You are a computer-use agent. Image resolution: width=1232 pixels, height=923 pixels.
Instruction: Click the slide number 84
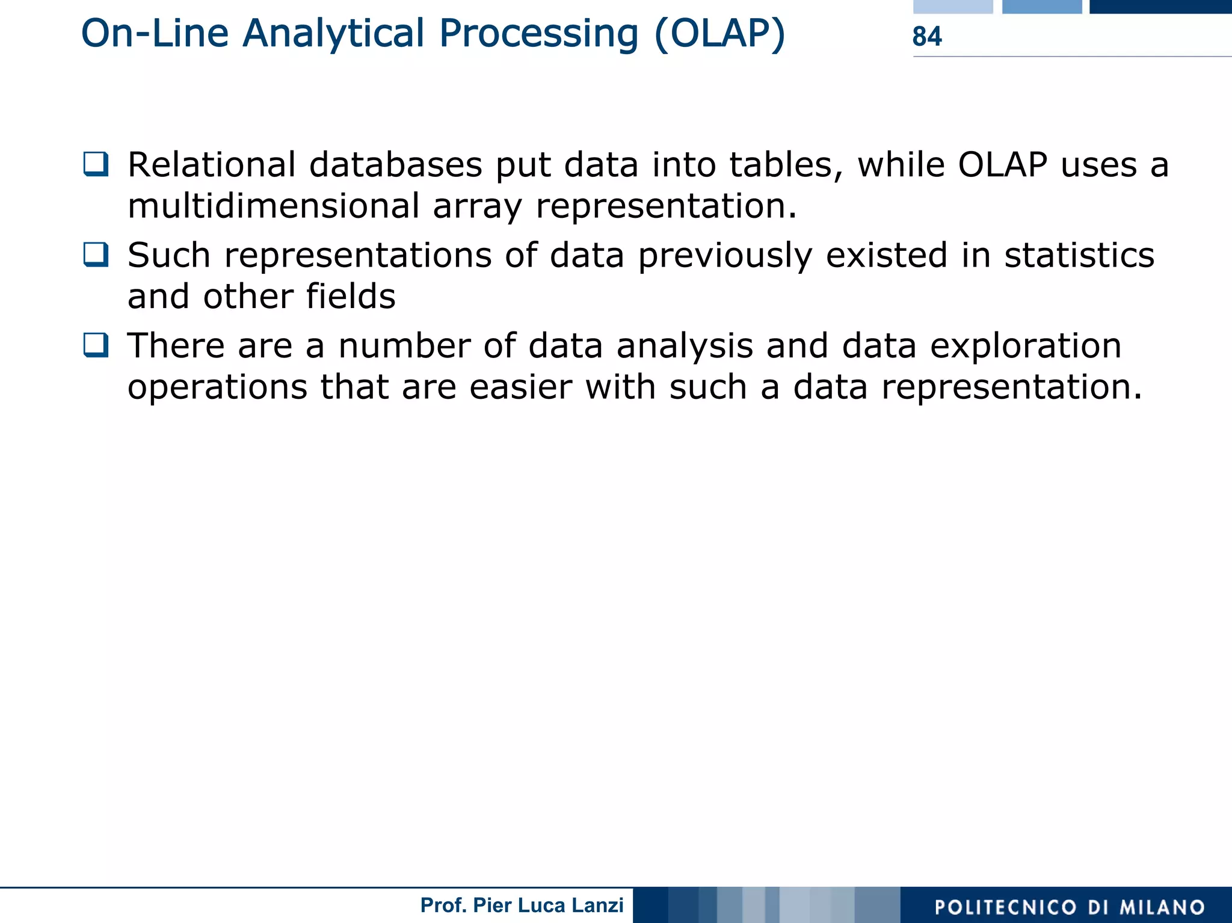pyautogui.click(x=926, y=37)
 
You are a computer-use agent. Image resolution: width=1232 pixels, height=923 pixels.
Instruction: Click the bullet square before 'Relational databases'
pyautogui.click(x=96, y=164)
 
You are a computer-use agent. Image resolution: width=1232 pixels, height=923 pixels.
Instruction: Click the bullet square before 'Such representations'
pyautogui.click(x=96, y=255)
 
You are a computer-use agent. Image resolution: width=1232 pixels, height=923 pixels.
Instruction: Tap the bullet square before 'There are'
pyautogui.click(x=96, y=345)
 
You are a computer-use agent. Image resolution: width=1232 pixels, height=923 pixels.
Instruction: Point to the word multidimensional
pyautogui.click(x=273, y=206)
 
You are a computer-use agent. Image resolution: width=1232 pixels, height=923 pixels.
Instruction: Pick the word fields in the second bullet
pyautogui.click(x=350, y=296)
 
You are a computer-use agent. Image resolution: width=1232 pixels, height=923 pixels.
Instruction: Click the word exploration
pyautogui.click(x=1025, y=346)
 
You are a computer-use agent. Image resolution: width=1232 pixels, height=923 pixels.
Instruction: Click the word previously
pyautogui.click(x=724, y=256)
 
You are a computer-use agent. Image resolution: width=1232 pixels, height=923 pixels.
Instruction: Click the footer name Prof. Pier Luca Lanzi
pyautogui.click(x=522, y=905)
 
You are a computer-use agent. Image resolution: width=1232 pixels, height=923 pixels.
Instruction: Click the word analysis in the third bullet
pyautogui.click(x=684, y=346)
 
